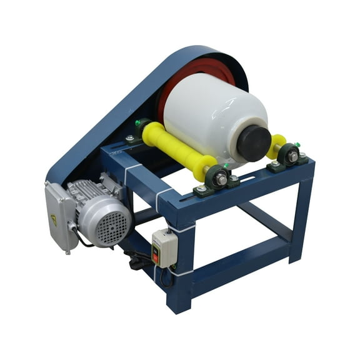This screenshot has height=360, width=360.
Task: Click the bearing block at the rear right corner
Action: point(289,156)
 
